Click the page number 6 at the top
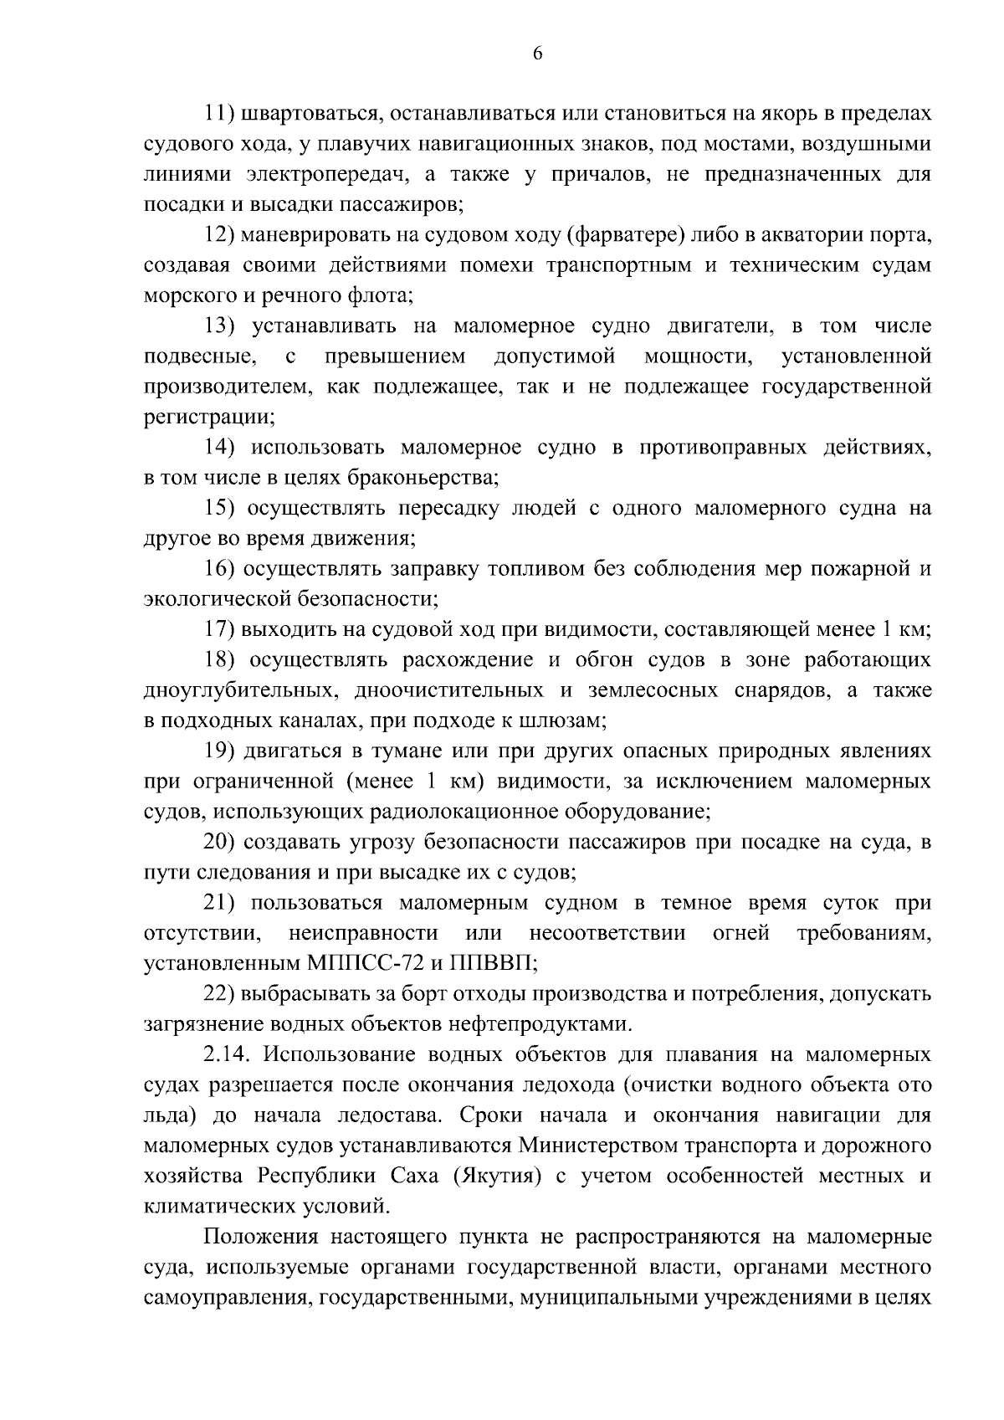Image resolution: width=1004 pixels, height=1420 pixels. pos(537,54)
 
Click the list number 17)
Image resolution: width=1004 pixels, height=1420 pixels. pos(220,629)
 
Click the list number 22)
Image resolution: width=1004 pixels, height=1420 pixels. pos(220,993)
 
